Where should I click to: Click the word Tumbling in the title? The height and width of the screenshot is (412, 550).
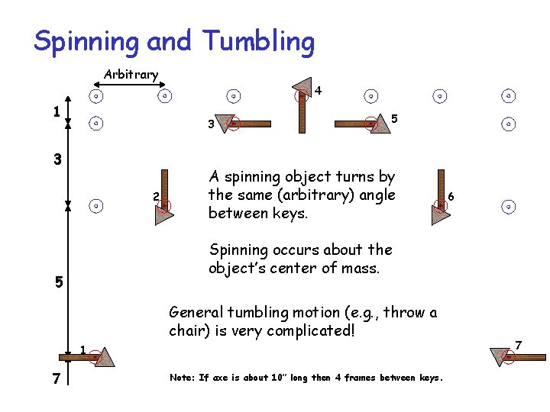pyautogui.click(x=259, y=41)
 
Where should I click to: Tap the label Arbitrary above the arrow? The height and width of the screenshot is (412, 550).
pyautogui.click(x=131, y=75)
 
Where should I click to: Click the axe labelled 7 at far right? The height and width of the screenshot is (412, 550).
pyautogui.click(x=519, y=356)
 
